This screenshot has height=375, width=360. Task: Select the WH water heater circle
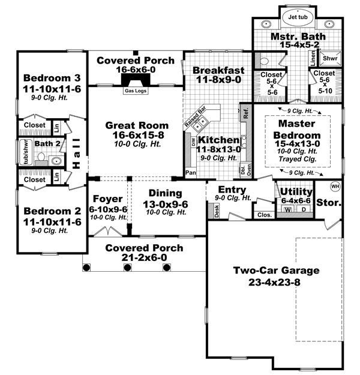point(335,186)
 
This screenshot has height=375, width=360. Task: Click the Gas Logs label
point(134,91)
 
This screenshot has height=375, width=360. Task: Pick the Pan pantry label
point(191,172)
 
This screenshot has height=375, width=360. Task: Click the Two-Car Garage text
point(276,270)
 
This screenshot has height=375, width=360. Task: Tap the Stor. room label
point(329,203)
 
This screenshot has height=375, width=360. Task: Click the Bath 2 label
point(44,143)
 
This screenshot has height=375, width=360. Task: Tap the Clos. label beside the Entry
point(263,214)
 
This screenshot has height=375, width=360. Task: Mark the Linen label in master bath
point(313,58)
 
